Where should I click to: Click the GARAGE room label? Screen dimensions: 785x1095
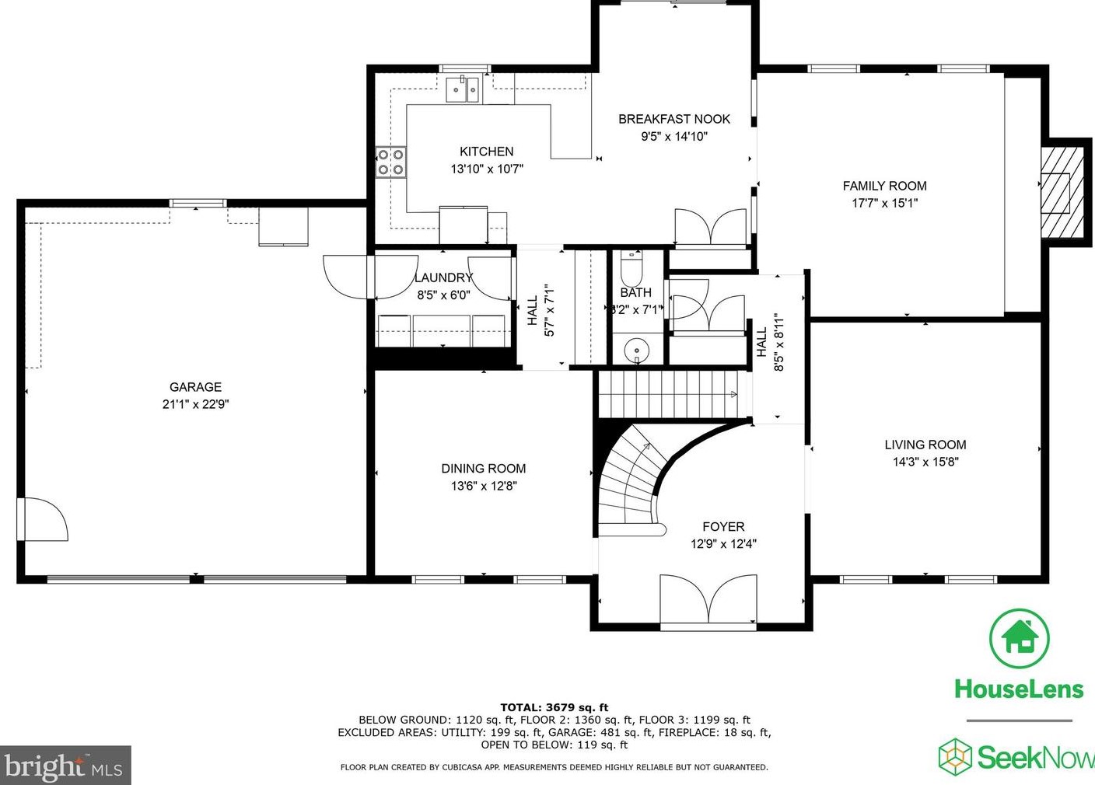point(195,387)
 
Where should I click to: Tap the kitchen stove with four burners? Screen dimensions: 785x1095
point(390,162)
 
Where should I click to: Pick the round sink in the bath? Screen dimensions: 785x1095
point(637,351)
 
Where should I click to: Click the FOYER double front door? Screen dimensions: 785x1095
point(708,599)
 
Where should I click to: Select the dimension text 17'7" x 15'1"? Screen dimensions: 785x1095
point(884,203)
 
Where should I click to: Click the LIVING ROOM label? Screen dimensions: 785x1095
point(925,445)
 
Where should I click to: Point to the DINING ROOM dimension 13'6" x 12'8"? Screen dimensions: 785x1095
point(483,486)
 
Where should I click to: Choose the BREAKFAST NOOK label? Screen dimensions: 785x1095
point(673,119)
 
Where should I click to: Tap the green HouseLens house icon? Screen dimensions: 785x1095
point(1019,637)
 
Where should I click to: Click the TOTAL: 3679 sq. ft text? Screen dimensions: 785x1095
point(554,707)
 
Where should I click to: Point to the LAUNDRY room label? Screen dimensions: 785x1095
point(443,277)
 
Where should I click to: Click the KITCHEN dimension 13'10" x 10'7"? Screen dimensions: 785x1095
point(487,169)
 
